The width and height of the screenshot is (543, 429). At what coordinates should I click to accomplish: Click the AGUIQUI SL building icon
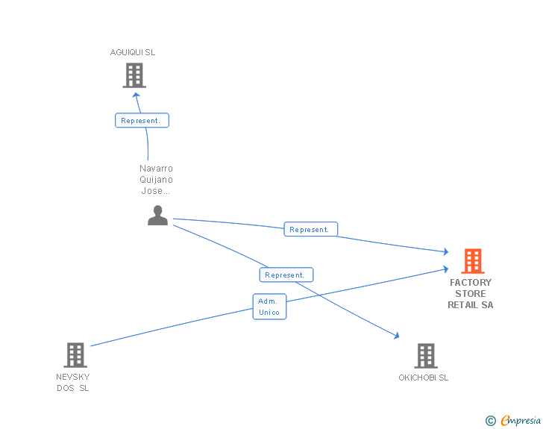(134, 75)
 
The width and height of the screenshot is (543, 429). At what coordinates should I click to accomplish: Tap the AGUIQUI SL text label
(133, 52)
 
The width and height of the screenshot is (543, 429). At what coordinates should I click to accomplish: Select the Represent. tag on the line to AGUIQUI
(142, 120)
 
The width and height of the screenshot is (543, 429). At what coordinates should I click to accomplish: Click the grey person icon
(157, 215)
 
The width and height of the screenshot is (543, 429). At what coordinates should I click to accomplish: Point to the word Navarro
(156, 169)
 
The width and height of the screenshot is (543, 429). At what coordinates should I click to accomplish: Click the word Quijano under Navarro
(156, 180)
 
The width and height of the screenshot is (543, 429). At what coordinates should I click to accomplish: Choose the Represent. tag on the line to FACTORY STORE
(310, 230)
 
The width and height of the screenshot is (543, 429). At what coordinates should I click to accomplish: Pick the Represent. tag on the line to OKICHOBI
(286, 275)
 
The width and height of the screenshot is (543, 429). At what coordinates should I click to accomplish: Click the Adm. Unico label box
(269, 307)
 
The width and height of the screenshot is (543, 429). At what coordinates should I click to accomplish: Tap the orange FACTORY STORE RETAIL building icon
(472, 261)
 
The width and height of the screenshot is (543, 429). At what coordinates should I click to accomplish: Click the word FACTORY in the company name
(471, 283)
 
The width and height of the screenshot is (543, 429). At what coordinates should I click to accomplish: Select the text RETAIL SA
(470, 304)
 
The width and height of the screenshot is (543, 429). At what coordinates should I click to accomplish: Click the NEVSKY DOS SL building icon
(75, 355)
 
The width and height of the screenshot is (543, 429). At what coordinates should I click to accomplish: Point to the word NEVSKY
(73, 377)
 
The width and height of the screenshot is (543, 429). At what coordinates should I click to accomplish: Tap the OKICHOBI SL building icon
(425, 356)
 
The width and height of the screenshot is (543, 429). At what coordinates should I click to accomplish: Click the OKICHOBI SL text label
(424, 378)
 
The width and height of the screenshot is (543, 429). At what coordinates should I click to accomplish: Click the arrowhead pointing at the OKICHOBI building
(395, 336)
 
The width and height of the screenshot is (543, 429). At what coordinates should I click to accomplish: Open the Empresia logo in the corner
(520, 420)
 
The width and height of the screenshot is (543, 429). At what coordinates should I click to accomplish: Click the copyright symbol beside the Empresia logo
(490, 421)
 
